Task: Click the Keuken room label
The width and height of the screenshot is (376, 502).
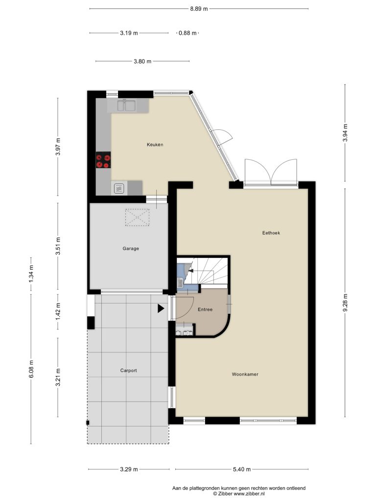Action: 155,145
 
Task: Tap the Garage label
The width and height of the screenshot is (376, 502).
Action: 131,249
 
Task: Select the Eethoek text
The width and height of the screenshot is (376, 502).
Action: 271,233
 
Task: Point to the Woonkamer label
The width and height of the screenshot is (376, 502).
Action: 245,374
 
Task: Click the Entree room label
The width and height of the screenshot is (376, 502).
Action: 205,310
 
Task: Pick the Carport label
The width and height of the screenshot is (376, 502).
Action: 129,371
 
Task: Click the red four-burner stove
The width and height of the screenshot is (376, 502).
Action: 103,160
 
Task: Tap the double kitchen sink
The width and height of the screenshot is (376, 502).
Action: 126,105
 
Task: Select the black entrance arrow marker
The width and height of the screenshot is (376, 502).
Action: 161,308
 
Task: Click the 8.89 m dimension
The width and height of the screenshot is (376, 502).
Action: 199,9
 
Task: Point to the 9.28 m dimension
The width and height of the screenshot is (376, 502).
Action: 345,303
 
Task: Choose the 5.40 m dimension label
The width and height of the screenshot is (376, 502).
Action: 242,469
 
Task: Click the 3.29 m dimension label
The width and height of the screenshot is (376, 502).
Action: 129,469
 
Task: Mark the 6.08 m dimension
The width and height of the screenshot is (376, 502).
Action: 31,369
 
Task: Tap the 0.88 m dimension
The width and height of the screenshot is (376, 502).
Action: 188,33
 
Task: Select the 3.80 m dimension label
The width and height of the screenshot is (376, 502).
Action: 142,61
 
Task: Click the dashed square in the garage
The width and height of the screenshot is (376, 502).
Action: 137,217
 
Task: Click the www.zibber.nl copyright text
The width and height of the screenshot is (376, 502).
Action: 239,494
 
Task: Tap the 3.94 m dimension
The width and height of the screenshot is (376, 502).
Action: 345,133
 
